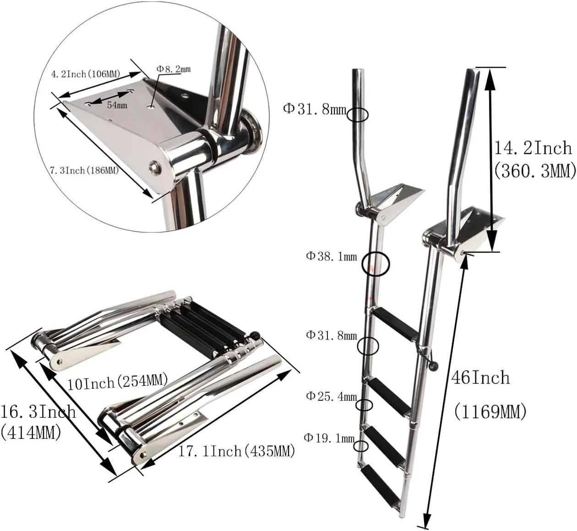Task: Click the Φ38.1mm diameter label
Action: pos(332,256)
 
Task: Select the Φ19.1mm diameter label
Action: pos(329,438)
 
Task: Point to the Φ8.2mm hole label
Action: pos(174,69)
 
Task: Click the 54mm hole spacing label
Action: pos(117,105)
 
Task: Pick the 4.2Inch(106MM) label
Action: pos(86,74)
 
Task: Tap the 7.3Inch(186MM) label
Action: pos(84,171)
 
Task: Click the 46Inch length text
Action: pos(481,377)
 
